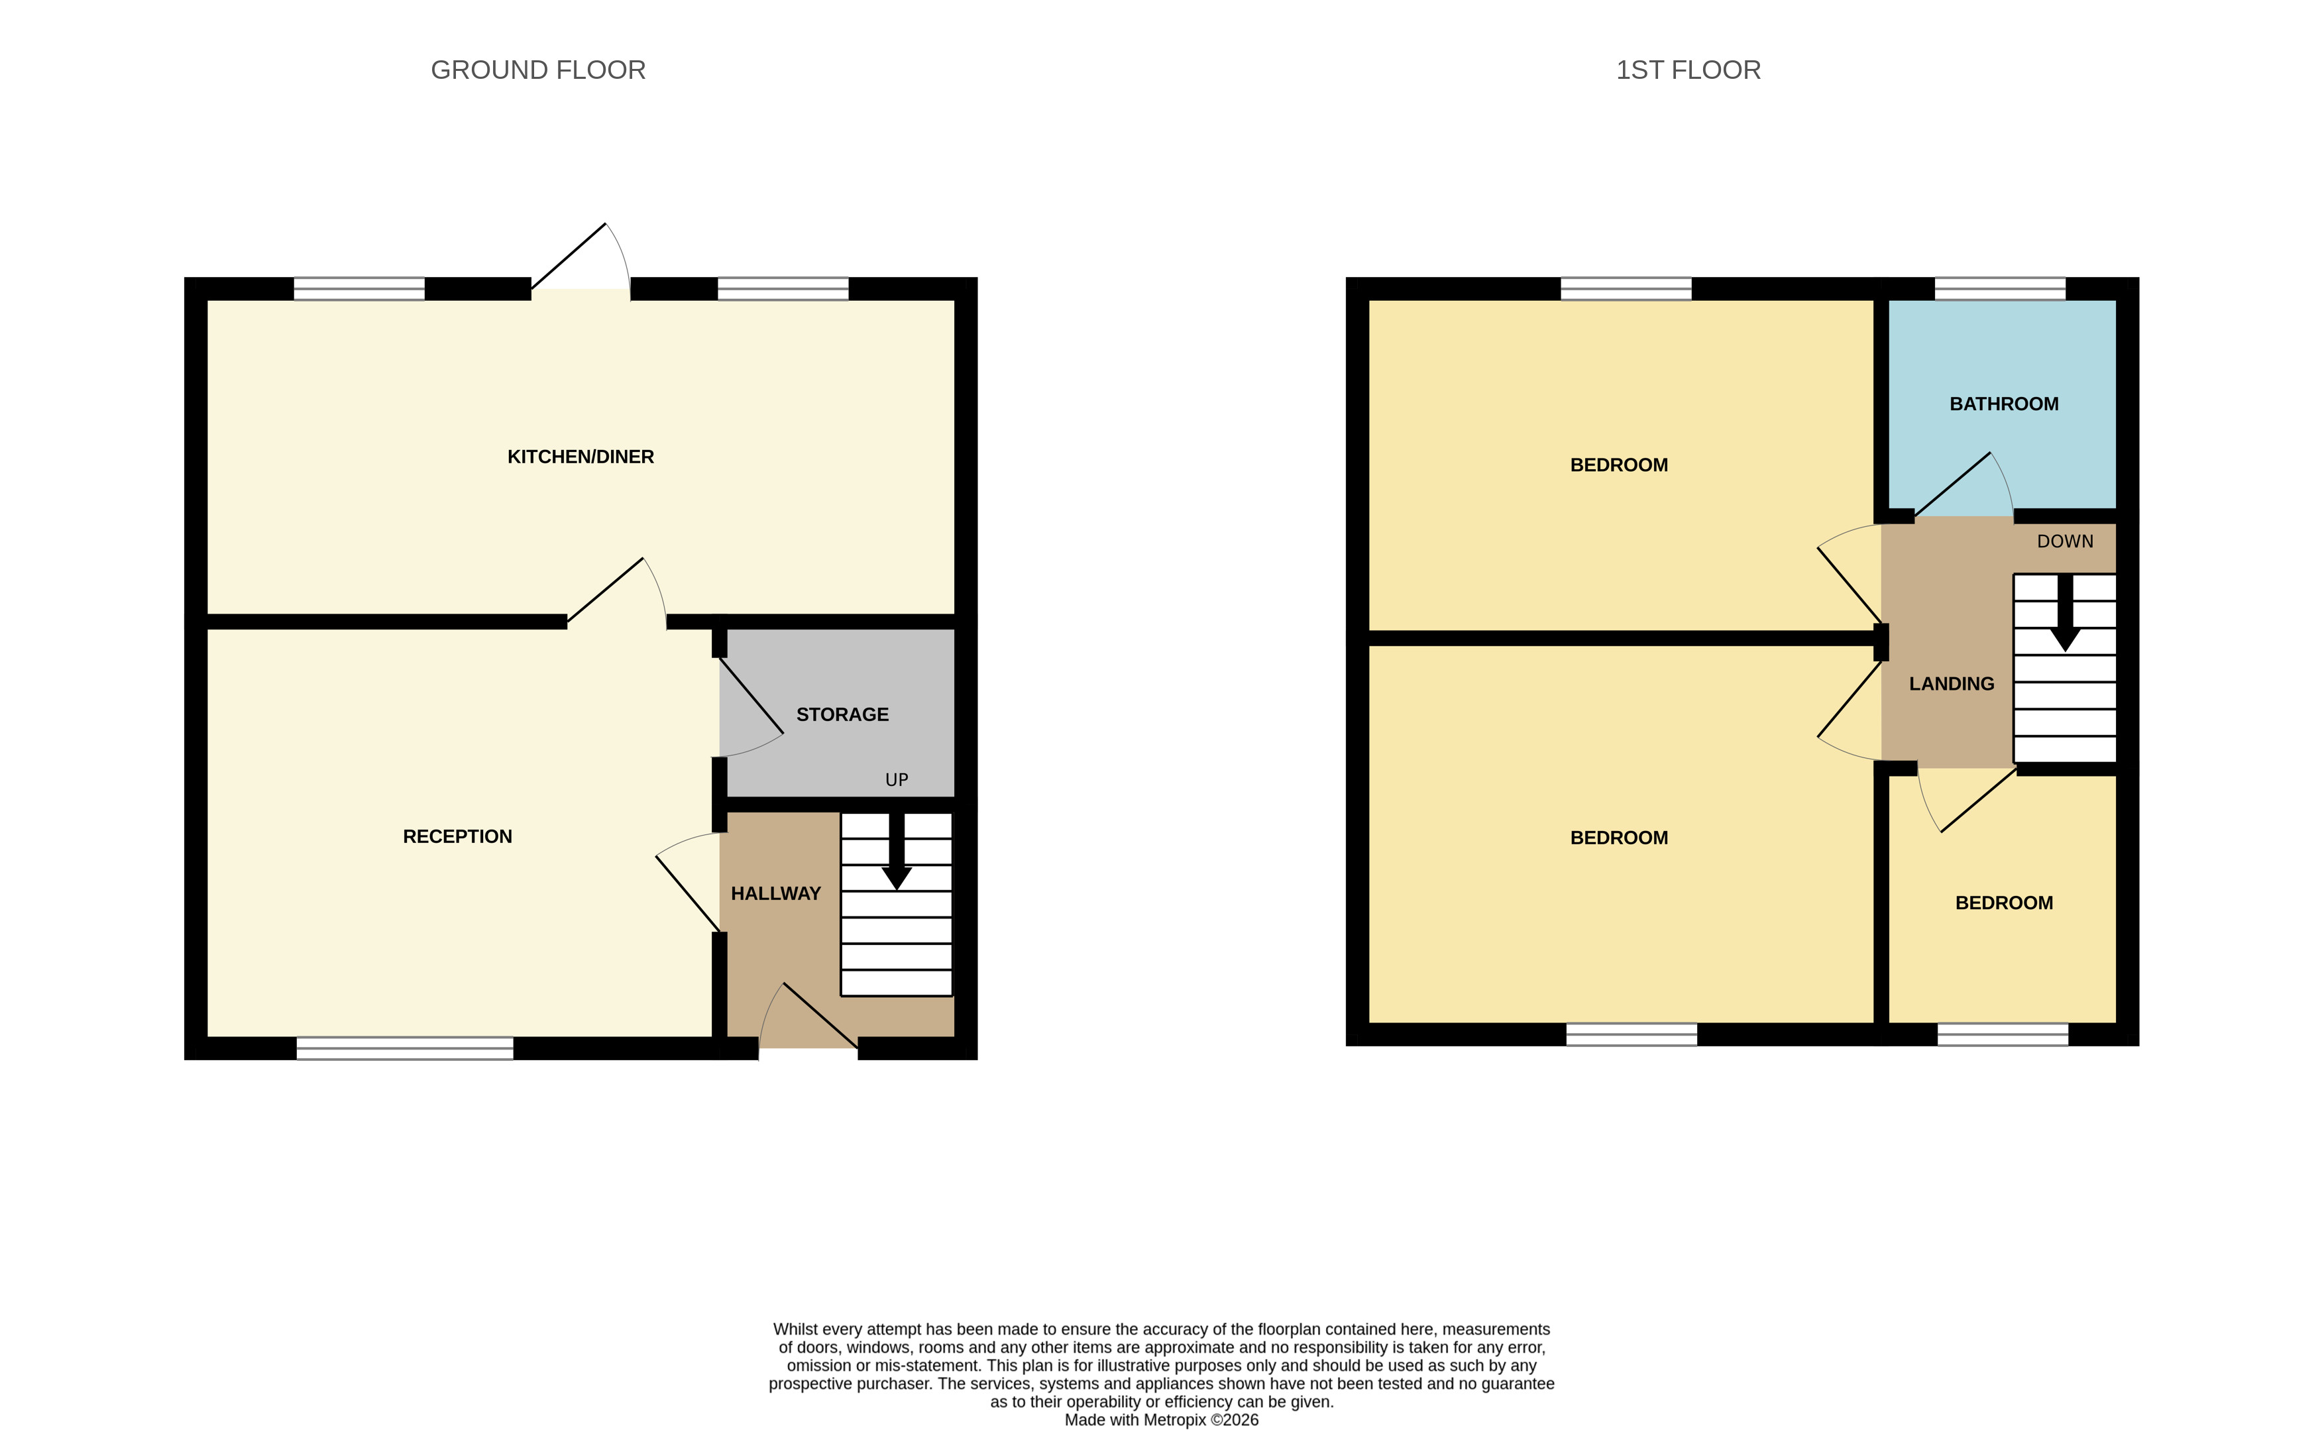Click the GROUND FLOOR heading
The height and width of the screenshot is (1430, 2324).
(537, 70)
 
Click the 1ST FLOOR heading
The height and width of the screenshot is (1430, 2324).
(1687, 70)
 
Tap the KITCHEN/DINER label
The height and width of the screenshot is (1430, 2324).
(580, 457)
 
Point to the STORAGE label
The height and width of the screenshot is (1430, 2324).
(842, 714)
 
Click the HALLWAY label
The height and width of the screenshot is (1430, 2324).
(775, 894)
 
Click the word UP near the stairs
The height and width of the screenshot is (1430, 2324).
(896, 779)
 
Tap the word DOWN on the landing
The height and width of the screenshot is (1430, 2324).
(2065, 541)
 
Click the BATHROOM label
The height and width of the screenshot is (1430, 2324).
(2003, 404)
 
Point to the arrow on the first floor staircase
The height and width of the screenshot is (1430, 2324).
(2065, 615)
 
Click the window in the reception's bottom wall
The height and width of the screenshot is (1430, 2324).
(405, 1047)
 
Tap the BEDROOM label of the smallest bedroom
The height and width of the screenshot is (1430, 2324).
(2003, 903)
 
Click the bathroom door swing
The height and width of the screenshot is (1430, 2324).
(1963, 487)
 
